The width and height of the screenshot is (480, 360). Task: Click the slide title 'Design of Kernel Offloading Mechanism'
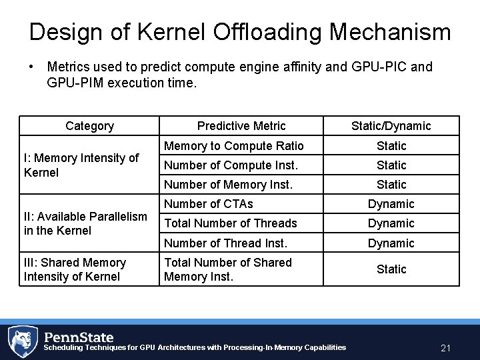(240, 32)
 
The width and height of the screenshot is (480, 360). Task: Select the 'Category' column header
(89, 126)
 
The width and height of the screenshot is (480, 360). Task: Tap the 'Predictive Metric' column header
(241, 126)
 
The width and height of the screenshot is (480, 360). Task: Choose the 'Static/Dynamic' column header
(391, 126)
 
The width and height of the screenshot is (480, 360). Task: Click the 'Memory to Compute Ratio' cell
(233, 146)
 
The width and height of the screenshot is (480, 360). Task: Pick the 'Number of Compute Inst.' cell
(231, 165)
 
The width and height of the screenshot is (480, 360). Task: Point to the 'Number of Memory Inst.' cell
(228, 185)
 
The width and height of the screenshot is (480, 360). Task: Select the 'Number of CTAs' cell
(209, 204)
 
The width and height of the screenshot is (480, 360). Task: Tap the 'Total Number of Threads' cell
(231, 223)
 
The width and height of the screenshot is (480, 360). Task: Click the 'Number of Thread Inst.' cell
(225, 243)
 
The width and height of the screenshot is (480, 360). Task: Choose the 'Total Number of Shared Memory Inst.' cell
(228, 269)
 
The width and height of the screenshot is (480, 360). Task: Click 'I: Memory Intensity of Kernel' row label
(81, 165)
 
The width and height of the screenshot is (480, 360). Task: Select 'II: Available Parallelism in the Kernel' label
(85, 223)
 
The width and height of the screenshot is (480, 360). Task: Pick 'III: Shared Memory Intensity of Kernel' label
(75, 269)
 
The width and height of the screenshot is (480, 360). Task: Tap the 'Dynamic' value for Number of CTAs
(391, 204)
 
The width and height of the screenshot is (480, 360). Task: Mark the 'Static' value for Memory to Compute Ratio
(391, 146)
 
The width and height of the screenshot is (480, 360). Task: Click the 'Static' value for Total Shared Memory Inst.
(391, 269)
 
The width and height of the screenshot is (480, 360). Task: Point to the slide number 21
(446, 348)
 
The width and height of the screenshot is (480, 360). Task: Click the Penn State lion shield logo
(23, 341)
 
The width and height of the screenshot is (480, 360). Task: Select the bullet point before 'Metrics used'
(31, 67)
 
